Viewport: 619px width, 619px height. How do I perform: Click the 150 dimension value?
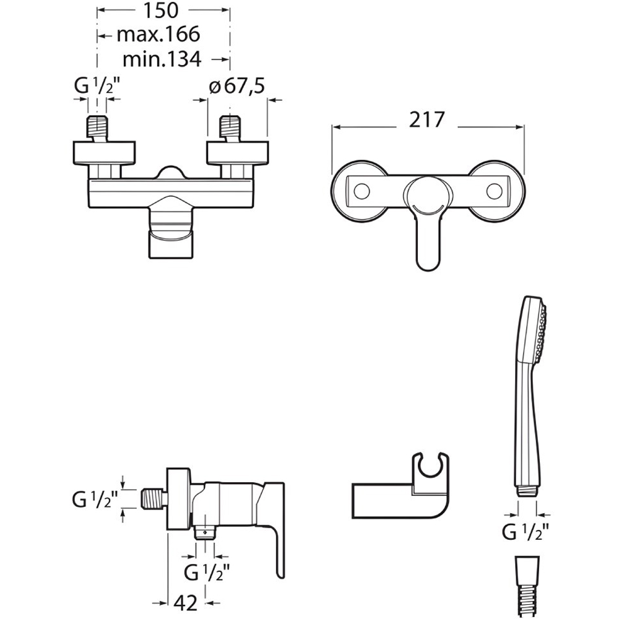(160, 11)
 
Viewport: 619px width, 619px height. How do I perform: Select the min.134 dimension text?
(162, 59)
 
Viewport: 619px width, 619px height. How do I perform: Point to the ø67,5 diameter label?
(236, 86)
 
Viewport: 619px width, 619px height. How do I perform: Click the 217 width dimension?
(426, 119)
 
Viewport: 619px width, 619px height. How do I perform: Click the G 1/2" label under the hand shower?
(526, 532)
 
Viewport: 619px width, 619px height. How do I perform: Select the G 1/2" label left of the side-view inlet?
(95, 500)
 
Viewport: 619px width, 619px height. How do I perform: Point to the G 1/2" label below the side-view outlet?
(207, 572)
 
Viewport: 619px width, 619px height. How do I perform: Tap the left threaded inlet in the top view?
(97, 128)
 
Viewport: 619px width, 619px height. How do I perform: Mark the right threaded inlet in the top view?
(230, 128)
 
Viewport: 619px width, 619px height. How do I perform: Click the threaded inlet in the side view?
(154, 500)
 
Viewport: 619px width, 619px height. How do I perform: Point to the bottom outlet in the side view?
(206, 533)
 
